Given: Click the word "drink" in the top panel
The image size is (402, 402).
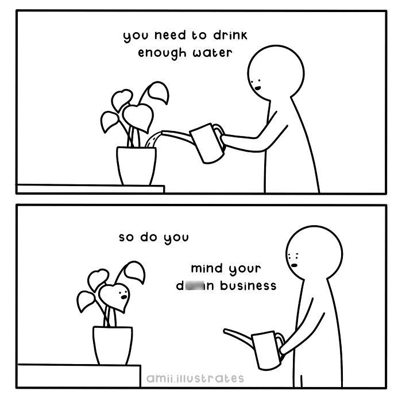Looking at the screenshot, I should (217, 36).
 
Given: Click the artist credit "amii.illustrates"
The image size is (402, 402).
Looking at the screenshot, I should (195, 378).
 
